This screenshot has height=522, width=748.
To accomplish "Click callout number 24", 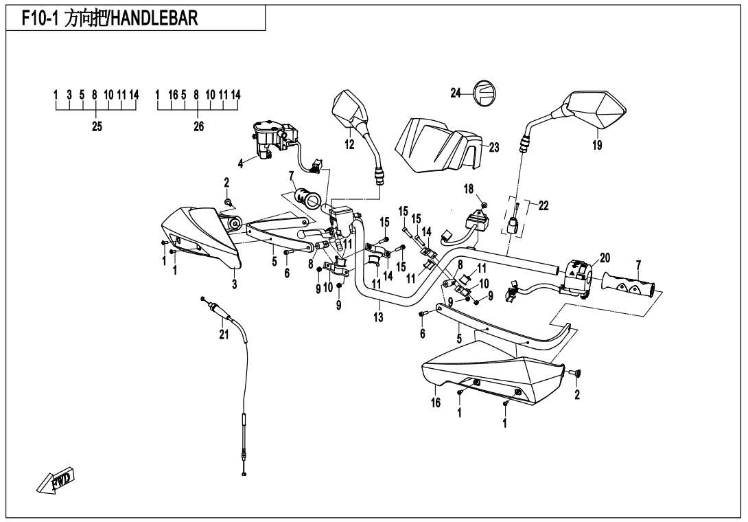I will (456, 93).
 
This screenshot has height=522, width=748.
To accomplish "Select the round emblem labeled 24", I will (484, 93).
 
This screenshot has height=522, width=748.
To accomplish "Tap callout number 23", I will (495, 146).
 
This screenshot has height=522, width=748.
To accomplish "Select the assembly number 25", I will (97, 126).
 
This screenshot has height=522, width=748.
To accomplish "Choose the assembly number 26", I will (198, 126).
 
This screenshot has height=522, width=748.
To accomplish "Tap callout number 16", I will (436, 403).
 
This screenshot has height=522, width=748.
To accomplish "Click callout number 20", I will (605, 258).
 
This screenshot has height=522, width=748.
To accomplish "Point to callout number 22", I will (544, 205).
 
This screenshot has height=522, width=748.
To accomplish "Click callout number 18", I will (469, 189).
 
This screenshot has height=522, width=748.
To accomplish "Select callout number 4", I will (241, 163).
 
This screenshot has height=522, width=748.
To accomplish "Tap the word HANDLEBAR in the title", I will (154, 19).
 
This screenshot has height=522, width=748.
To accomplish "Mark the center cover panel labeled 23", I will (439, 144).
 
